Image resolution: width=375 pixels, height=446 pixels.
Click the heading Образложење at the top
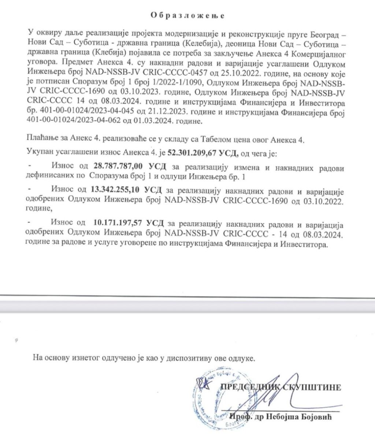(x=187, y=16)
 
